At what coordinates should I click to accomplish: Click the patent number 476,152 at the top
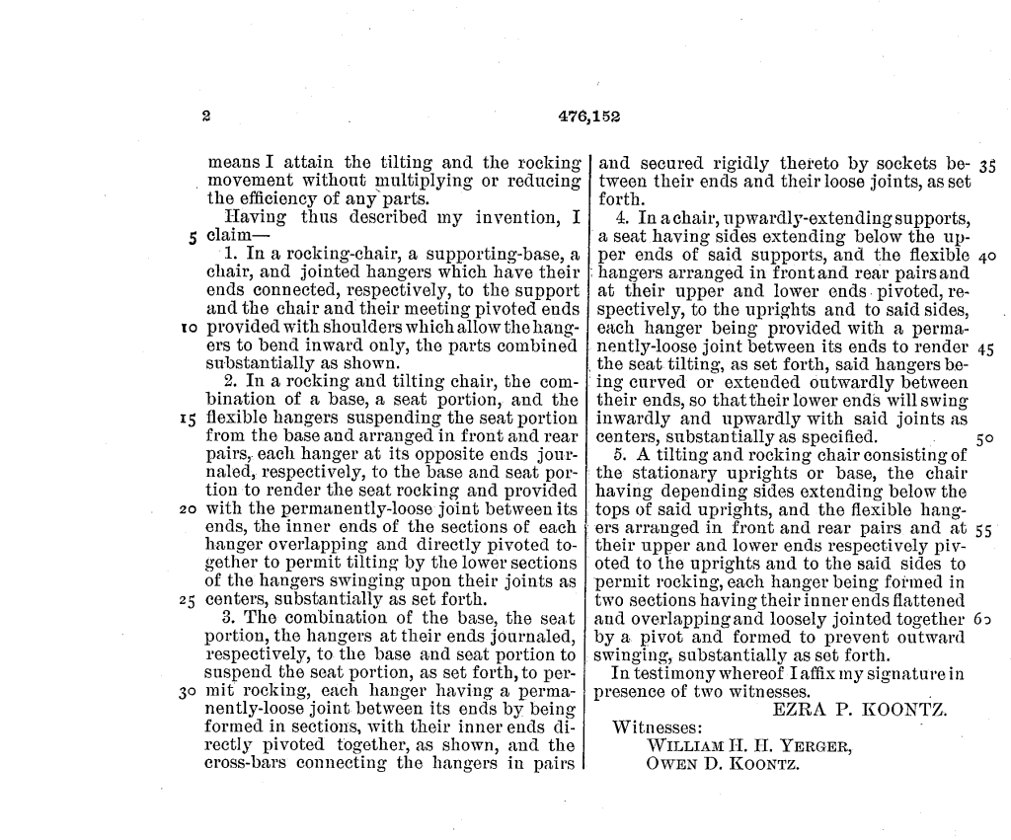(588, 116)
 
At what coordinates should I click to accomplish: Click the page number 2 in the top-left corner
(206, 116)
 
